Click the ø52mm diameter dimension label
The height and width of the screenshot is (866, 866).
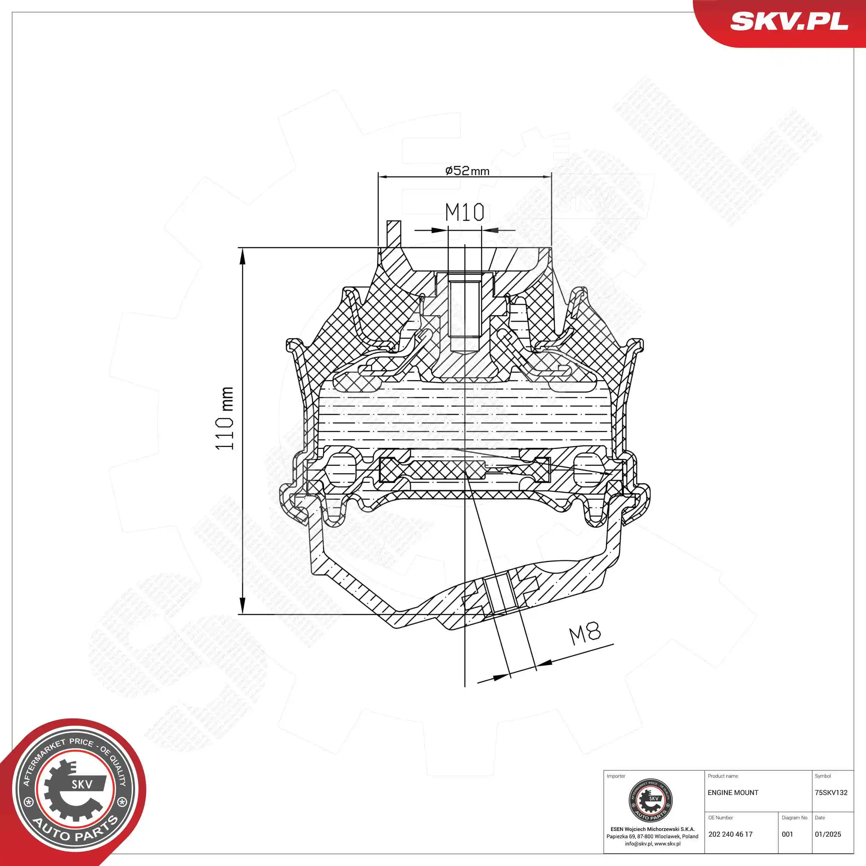(x=467, y=170)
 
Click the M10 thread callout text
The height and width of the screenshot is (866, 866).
(x=465, y=212)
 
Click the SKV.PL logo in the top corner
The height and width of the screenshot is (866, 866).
(x=789, y=21)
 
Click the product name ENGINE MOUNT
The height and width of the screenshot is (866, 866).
(x=733, y=793)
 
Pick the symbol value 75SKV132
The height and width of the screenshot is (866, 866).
(x=831, y=793)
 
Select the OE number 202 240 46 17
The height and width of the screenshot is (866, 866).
(x=730, y=834)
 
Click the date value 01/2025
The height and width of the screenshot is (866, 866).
(x=828, y=834)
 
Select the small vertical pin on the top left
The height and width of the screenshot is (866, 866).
(x=394, y=233)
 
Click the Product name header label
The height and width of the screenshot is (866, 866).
(x=723, y=776)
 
